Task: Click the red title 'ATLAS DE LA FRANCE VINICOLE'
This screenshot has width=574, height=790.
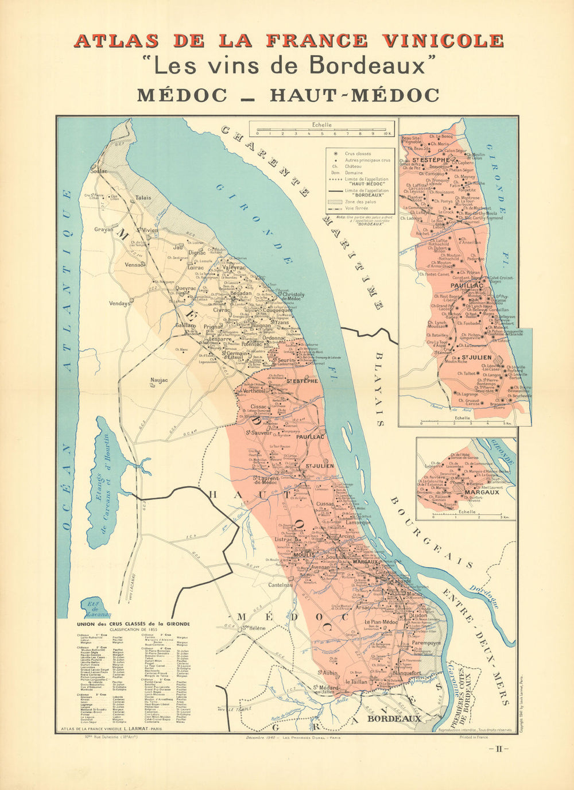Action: pyautogui.click(x=288, y=41)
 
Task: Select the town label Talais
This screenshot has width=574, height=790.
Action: pyautogui.click(x=143, y=197)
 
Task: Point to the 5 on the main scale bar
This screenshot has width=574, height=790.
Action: pyautogui.click(x=322, y=133)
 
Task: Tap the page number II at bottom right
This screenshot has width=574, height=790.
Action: pyautogui.click(x=498, y=749)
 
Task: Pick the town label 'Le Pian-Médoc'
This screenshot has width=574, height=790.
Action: pyautogui.click(x=381, y=622)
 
